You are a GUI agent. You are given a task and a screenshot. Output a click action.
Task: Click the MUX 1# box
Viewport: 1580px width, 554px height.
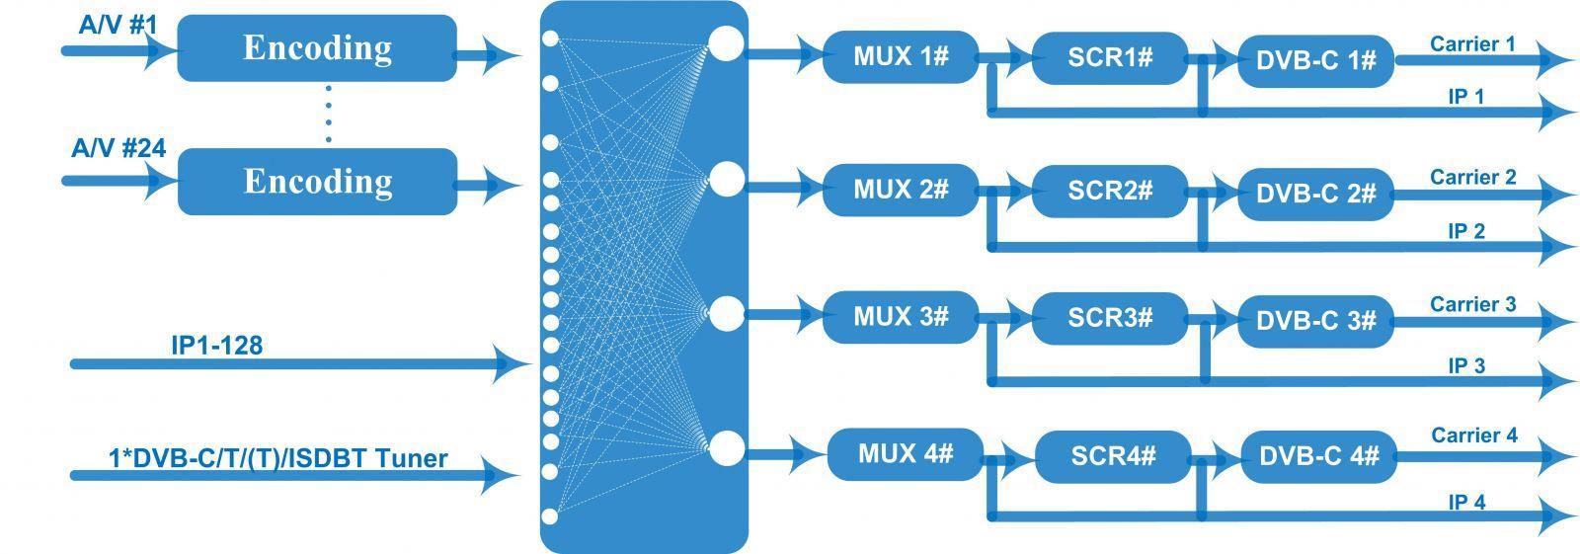pos(901,56)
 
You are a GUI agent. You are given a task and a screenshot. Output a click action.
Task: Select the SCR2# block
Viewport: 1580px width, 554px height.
pos(1110,191)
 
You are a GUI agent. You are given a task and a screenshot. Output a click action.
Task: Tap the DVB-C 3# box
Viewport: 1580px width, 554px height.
pos(1316,321)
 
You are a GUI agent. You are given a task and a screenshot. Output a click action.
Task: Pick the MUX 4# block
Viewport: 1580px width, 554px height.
pos(906,454)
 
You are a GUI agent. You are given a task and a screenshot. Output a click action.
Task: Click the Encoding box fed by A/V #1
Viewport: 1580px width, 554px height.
pos(317,48)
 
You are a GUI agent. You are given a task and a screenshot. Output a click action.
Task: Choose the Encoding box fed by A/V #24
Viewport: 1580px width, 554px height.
pos(317,182)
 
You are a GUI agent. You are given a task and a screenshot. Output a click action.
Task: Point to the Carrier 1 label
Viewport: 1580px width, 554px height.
pos(1472,43)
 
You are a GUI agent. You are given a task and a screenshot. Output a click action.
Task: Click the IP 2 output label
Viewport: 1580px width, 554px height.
pos(1466,231)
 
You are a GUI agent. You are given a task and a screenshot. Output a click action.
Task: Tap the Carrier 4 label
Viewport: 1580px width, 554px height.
pos(1474,435)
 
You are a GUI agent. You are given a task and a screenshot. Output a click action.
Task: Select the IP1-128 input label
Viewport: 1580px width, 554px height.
pos(216,345)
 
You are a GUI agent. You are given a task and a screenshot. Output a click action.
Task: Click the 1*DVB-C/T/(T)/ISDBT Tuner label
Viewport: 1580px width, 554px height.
pos(277,459)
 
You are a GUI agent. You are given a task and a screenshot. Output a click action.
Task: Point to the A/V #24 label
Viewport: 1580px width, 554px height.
pos(118,148)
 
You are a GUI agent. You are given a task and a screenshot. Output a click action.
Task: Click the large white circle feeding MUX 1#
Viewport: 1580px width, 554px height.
pos(726,43)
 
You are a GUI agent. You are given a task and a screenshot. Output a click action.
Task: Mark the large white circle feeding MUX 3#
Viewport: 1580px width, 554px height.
pos(726,313)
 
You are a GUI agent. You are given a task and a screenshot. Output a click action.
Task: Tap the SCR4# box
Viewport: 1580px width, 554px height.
pos(1114,456)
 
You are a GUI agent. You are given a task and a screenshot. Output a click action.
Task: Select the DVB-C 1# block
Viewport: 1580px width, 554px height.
pos(1316,60)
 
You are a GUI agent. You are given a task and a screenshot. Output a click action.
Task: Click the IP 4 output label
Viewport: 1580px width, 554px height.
pos(1467,502)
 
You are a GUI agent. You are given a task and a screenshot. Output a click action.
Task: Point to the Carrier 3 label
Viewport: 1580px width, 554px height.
pos(1472,304)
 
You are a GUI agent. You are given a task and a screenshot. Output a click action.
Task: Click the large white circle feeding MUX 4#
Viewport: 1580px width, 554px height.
pos(726,448)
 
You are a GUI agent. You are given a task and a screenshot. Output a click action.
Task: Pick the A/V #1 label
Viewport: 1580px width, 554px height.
pos(118,25)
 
